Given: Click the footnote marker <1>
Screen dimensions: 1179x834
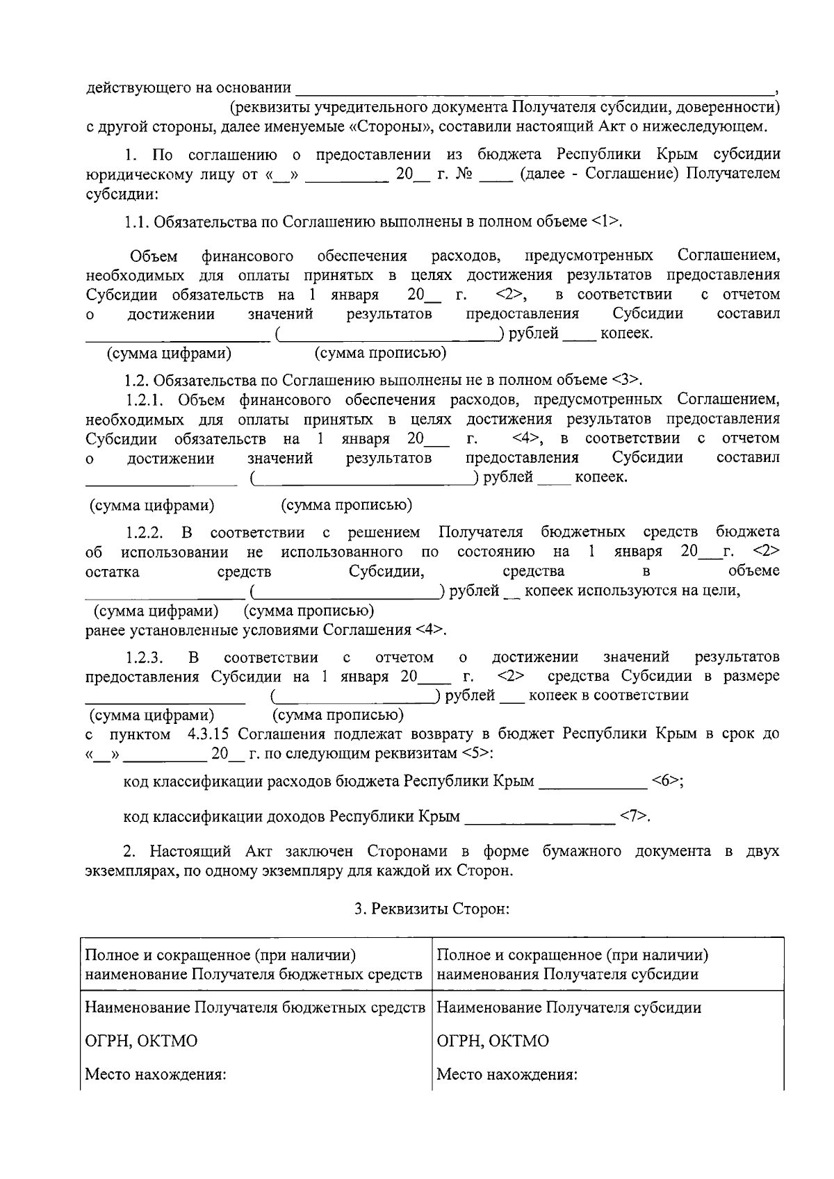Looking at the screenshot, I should (x=607, y=222).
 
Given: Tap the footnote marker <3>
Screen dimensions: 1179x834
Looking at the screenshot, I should (x=626, y=380).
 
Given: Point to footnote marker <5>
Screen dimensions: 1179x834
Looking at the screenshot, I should (x=477, y=754).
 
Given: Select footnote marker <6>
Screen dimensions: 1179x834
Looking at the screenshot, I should (x=667, y=781).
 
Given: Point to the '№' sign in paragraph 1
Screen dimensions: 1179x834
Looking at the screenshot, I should (x=464, y=174).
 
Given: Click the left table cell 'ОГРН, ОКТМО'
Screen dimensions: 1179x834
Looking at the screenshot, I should (x=141, y=1041).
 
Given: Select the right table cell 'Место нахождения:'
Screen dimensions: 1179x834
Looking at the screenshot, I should (x=507, y=1075).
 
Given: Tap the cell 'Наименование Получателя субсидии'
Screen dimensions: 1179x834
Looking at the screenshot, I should (x=569, y=1007).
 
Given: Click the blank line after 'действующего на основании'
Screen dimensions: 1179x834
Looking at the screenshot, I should (x=535, y=90).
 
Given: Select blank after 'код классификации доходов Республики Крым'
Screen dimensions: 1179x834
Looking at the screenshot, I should (x=539, y=818).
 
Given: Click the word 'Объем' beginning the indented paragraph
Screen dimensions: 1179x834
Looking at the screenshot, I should (x=154, y=256).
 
